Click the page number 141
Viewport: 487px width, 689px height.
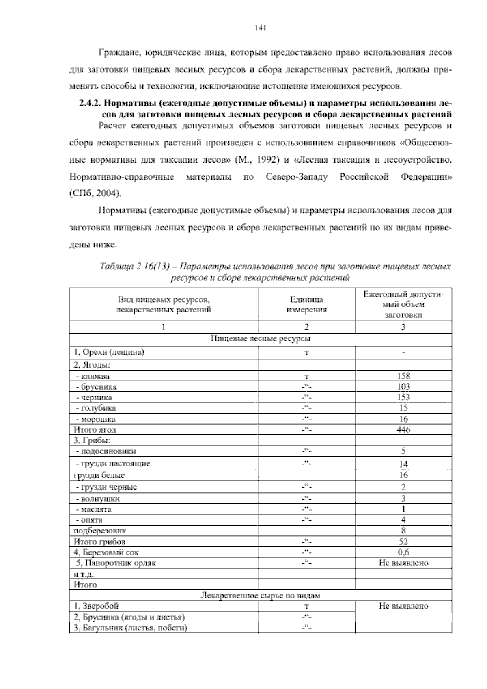[260, 28]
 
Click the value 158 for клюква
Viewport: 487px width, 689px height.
[403, 376]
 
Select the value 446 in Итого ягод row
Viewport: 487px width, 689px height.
[403, 429]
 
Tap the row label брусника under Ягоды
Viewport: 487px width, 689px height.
[99, 387]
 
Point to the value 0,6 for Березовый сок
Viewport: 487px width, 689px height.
[403, 552]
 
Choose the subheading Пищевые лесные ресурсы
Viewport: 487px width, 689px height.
[261, 338]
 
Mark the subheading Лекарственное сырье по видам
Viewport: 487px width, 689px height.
[261, 596]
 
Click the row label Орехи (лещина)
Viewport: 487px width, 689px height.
[109, 352]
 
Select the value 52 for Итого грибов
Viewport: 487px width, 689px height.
[403, 542]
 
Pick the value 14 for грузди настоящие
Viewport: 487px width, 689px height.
[403, 464]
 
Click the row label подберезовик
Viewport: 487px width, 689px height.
[99, 531]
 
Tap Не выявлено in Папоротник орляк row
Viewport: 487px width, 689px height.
[403, 563]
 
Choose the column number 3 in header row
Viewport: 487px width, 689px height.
[403, 327]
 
